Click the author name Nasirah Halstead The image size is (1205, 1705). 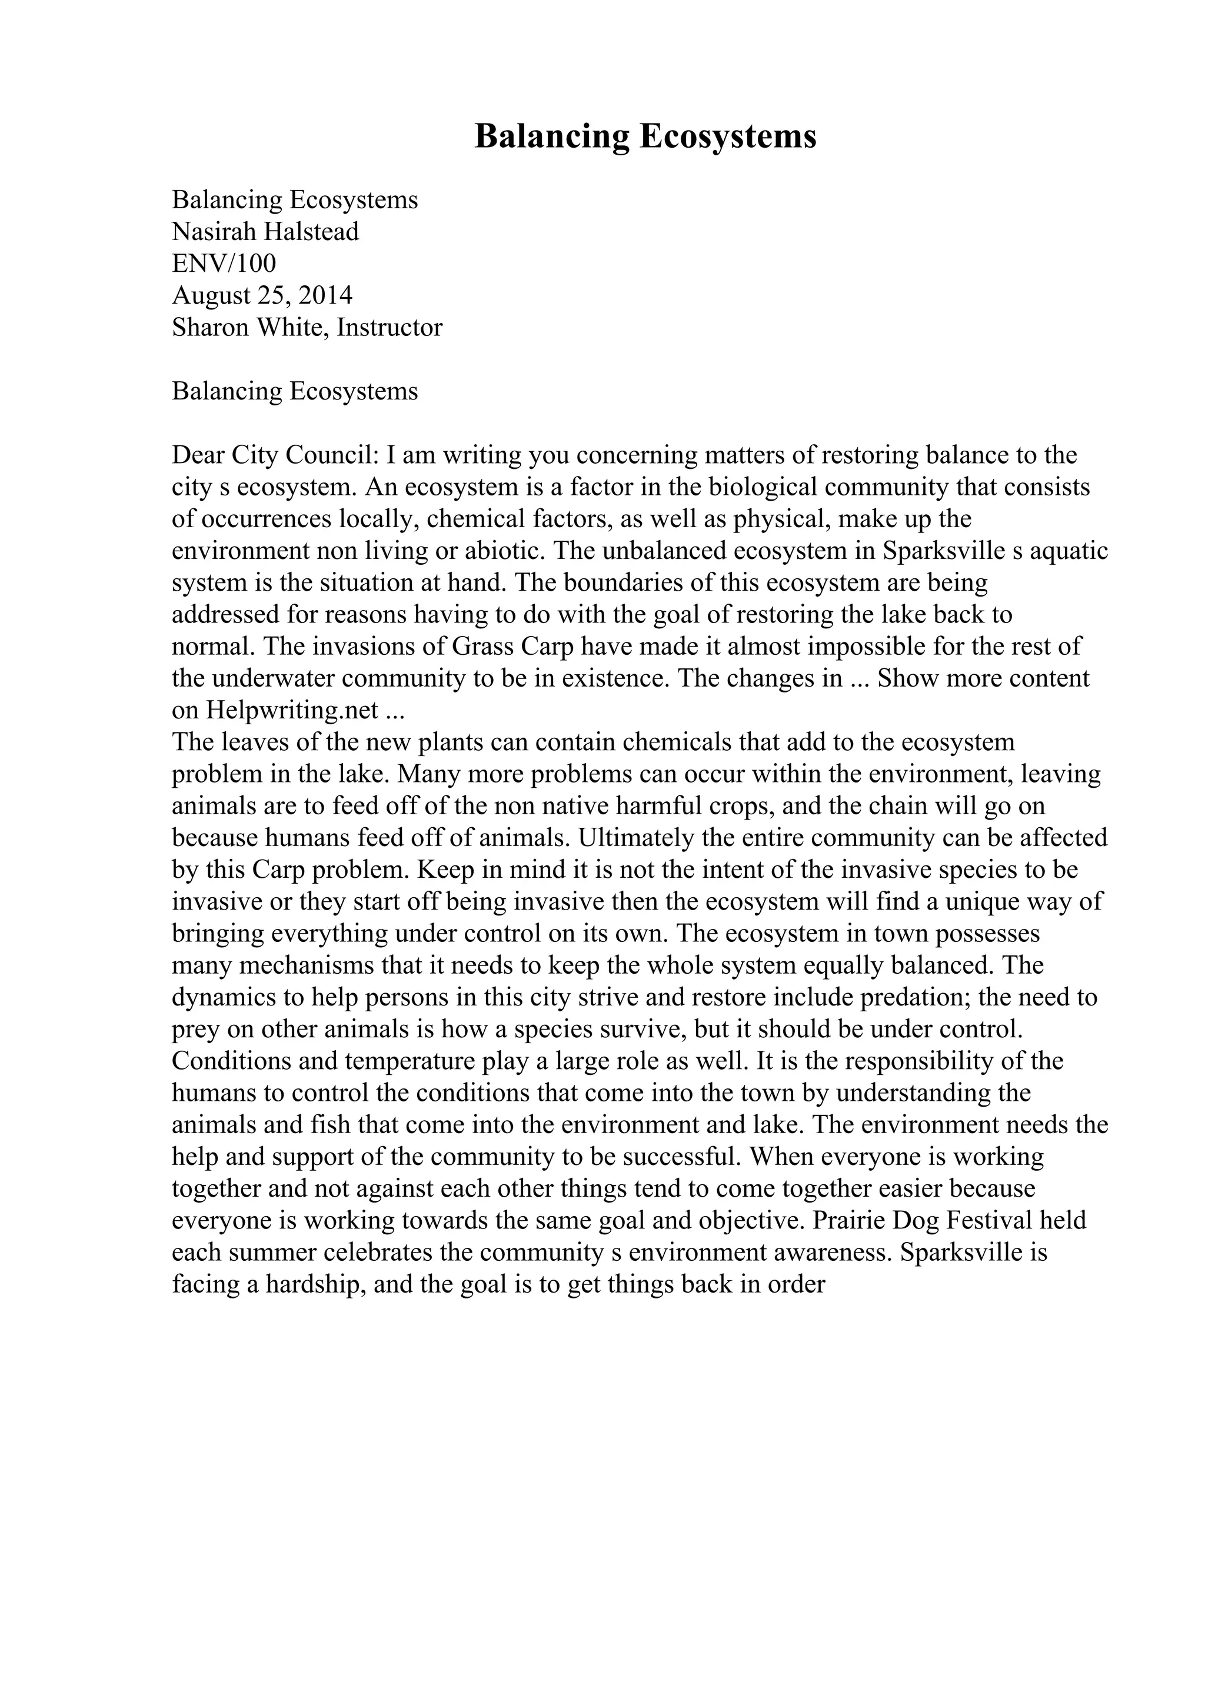[x=265, y=232]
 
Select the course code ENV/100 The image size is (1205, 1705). [x=224, y=264]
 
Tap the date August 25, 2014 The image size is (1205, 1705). [x=262, y=295]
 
